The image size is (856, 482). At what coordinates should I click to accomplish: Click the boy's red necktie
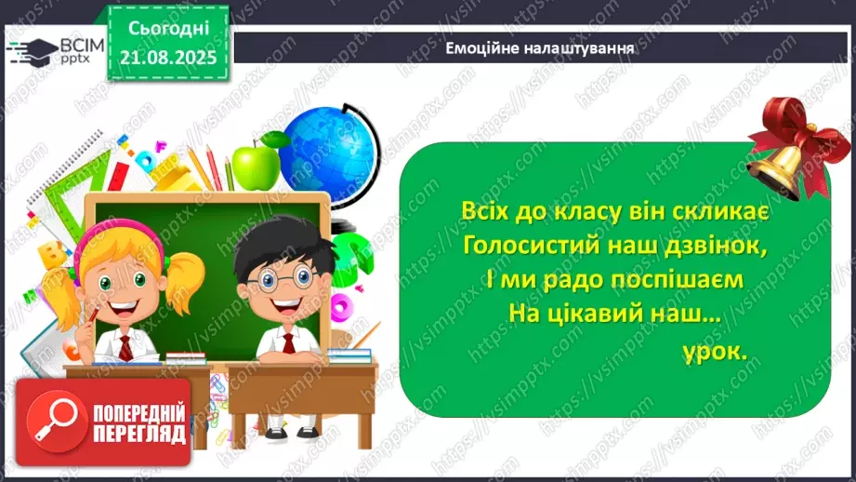[288, 342]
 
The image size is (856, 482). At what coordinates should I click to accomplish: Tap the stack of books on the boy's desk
[349, 355]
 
